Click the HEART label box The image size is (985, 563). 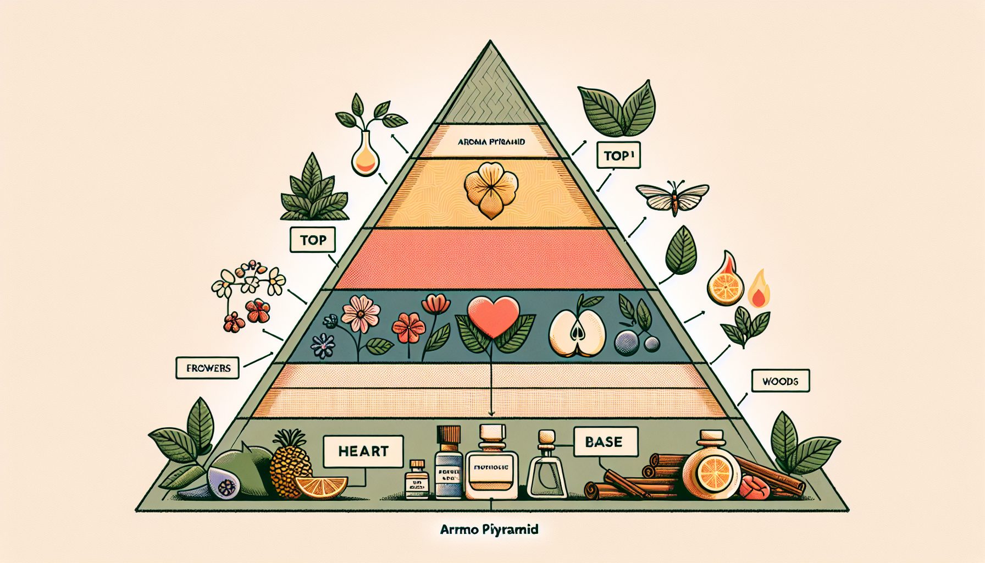(x=363, y=451)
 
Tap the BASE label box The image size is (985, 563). (x=605, y=441)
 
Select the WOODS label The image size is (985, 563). (x=780, y=380)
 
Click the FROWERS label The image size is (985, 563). (x=208, y=368)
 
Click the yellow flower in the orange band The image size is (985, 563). (x=491, y=189)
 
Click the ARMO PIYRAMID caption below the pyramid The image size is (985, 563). (x=489, y=529)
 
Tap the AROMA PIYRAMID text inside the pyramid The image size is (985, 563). (x=491, y=142)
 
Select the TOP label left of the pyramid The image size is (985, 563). (x=313, y=240)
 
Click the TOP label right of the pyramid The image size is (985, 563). (x=618, y=156)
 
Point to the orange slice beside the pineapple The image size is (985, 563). (x=321, y=487)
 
